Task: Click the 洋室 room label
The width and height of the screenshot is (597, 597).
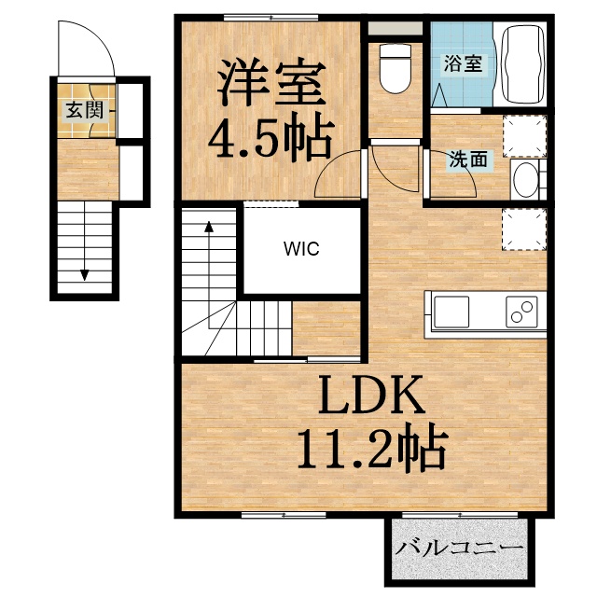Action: click(x=271, y=83)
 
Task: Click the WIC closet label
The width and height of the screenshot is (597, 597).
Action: click(x=302, y=249)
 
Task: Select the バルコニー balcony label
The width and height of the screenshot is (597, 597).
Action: click(x=457, y=548)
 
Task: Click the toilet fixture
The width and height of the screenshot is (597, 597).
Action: click(x=396, y=70)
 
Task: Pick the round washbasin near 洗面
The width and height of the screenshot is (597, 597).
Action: click(x=525, y=177)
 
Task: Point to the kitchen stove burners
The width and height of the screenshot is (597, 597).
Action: click(x=522, y=311)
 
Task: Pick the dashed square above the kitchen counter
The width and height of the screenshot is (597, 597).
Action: click(x=523, y=229)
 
